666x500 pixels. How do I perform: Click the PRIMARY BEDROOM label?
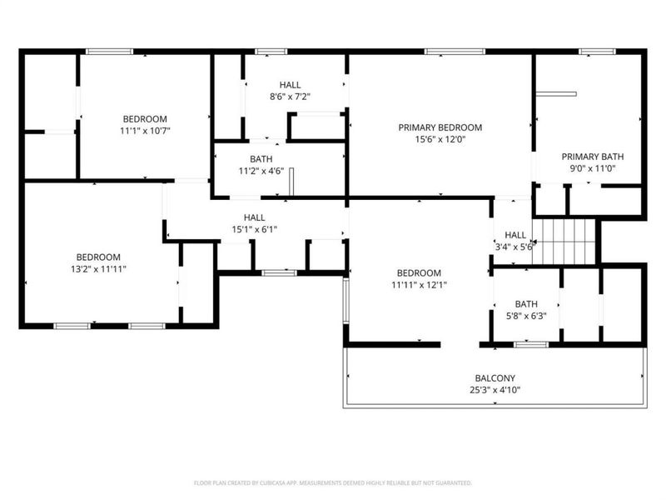coord(440,127)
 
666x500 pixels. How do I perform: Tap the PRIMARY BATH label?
coord(592,157)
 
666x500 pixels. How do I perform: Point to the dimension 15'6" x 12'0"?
coord(440,140)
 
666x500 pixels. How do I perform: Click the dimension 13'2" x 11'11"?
coord(98,269)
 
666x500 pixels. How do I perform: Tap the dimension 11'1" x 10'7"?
coord(145,130)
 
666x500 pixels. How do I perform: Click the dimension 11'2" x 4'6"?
coord(261,171)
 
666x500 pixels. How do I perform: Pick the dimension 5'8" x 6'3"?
coord(526,317)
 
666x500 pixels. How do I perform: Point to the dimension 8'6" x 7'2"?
coord(290,97)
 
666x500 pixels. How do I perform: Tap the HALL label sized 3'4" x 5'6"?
coord(515,235)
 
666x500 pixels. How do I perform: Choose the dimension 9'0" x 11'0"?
coord(592,168)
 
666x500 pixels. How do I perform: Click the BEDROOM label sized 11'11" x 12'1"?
coord(418,273)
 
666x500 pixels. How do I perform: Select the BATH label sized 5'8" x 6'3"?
coord(526,304)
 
